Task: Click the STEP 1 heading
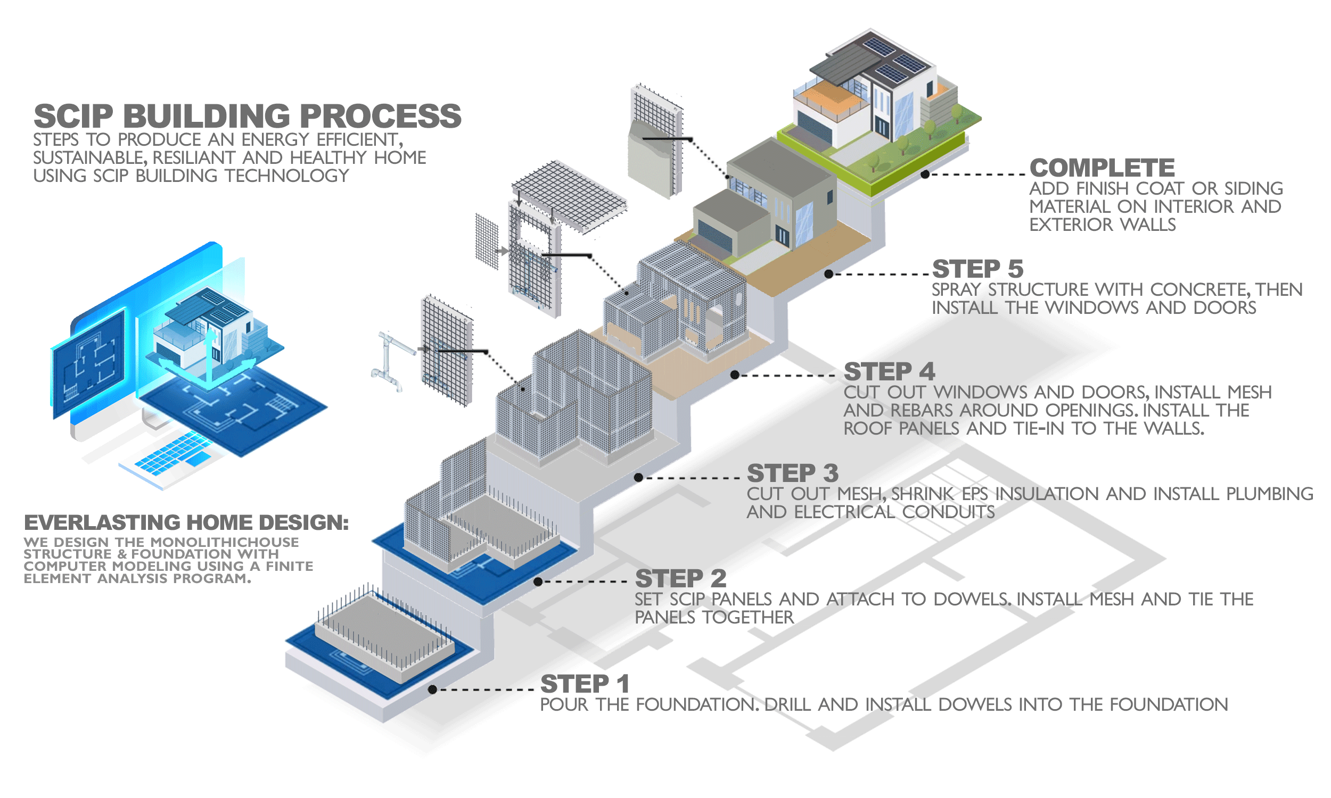coord(584,684)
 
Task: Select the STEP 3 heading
coord(792,473)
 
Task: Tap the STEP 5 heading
coord(977,269)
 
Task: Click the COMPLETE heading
coord(1102,168)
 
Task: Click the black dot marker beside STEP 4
coord(734,375)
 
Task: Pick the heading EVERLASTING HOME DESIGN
coord(186,522)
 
